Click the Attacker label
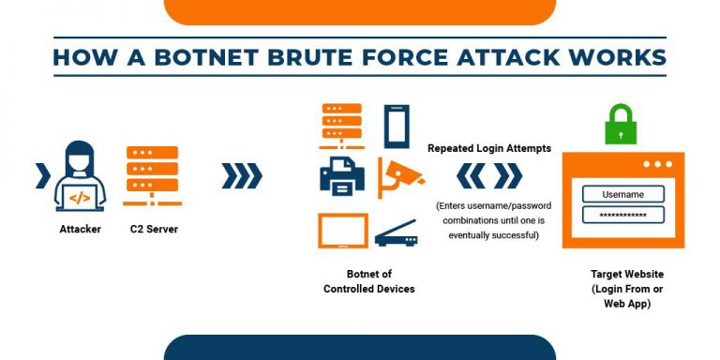click(80, 229)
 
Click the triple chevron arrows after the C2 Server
click(241, 175)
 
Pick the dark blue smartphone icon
click(397, 127)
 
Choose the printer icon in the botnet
click(341, 175)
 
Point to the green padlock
click(620, 126)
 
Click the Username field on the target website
click(622, 194)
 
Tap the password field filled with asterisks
click(622, 215)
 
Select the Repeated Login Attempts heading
click(488, 148)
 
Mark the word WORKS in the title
click(611, 57)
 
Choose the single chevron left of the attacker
click(42, 175)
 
